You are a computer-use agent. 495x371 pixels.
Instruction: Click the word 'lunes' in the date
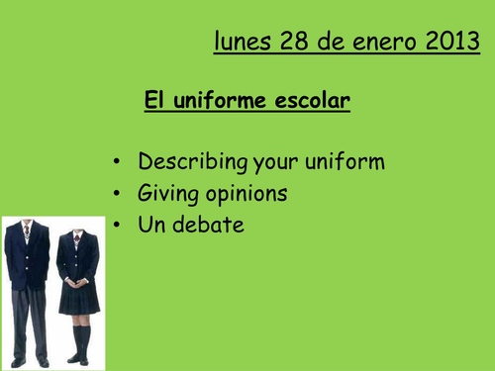click(243, 42)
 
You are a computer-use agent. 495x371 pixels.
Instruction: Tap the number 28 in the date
click(295, 42)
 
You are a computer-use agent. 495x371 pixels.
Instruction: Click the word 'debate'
click(207, 225)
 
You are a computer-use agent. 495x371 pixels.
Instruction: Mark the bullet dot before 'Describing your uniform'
click(117, 162)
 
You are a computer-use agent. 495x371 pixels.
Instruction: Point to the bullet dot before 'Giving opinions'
click(117, 194)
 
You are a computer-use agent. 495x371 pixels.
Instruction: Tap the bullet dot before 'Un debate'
click(117, 226)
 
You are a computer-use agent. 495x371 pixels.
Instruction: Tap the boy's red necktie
click(27, 230)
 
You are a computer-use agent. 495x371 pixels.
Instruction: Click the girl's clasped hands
click(77, 282)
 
